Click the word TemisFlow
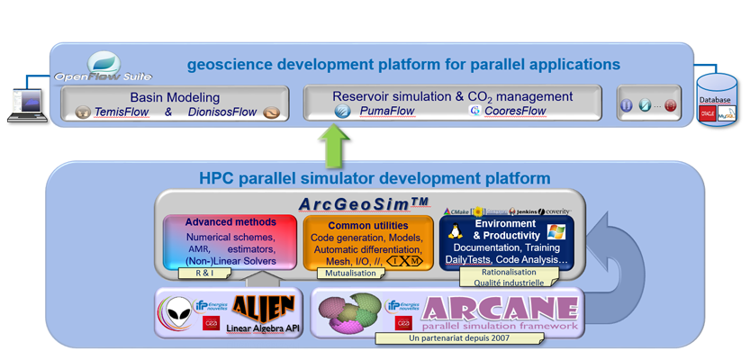(122, 112)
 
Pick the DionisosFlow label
(222, 112)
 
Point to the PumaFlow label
(387, 112)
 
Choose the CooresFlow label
(515, 112)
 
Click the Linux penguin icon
(455, 232)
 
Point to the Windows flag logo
(556, 232)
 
